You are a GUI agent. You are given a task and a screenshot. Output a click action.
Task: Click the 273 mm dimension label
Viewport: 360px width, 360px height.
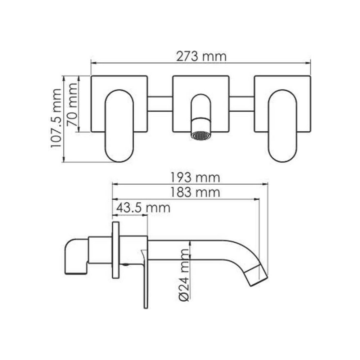201,57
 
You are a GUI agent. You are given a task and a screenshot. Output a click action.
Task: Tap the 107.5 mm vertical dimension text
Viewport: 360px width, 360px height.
56,118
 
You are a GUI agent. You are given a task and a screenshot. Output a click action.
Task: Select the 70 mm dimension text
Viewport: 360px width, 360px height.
72,105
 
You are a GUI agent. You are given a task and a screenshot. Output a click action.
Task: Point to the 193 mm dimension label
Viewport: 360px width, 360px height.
195,177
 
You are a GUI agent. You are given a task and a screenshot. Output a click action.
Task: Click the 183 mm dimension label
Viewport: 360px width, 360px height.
195,192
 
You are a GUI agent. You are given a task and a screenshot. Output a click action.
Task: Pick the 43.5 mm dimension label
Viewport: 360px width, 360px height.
143,208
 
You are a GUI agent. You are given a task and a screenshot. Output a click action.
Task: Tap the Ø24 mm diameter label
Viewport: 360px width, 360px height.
184,275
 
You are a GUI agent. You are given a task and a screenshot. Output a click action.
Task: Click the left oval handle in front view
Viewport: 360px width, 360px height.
119,126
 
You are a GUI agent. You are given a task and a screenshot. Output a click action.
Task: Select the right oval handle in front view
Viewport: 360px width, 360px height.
283,126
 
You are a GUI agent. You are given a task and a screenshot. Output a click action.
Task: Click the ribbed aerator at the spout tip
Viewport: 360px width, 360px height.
201,135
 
